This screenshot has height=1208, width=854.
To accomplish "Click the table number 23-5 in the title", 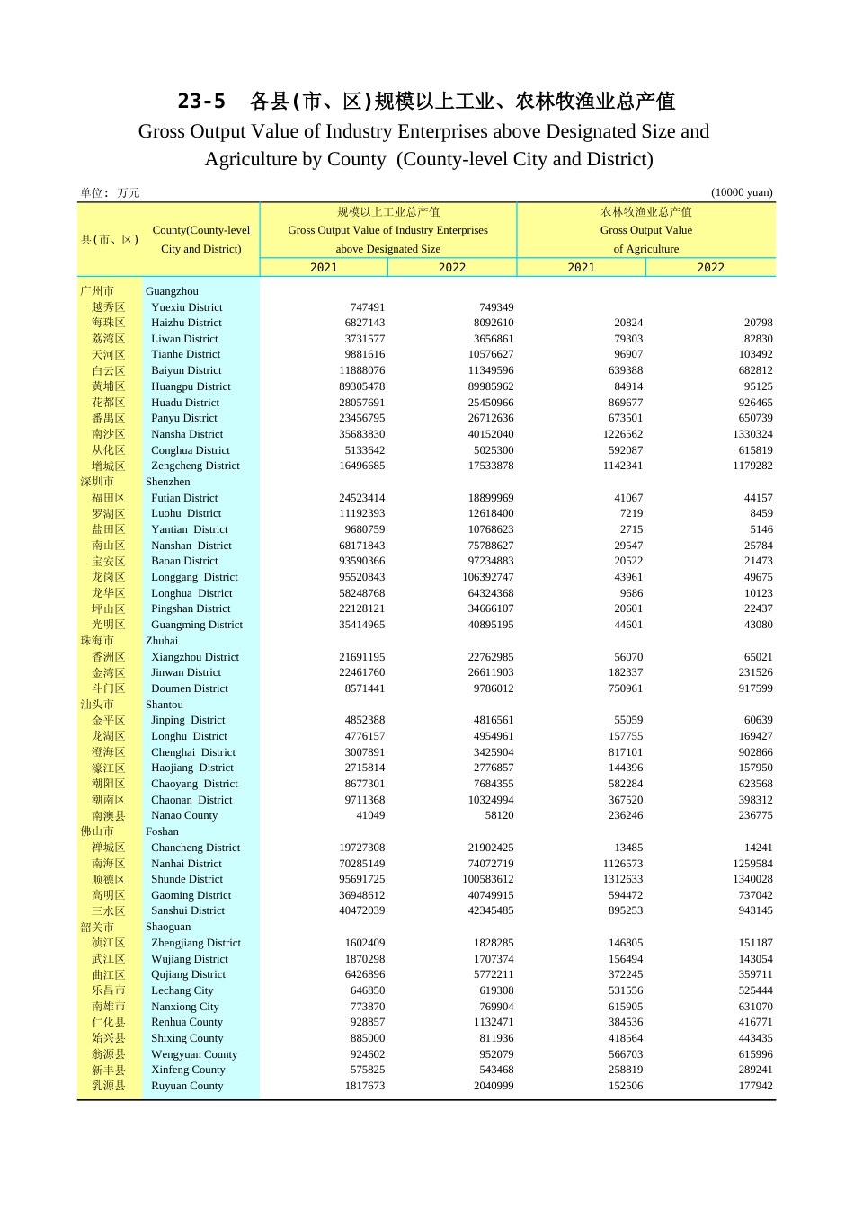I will pyautogui.click(x=201, y=101).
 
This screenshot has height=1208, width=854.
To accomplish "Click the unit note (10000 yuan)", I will pyautogui.click(x=741, y=192).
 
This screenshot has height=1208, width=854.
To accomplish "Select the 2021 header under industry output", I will pyautogui.click(x=324, y=268).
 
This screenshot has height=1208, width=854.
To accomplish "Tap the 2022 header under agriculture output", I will pyautogui.click(x=710, y=268).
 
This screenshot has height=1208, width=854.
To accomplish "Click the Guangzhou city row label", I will pyautogui.click(x=172, y=291).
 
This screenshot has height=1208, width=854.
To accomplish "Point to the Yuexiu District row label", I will pyautogui.click(x=186, y=307).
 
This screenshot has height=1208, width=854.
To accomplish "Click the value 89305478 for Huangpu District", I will pyautogui.click(x=361, y=386).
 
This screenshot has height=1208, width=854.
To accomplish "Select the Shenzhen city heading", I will pyautogui.click(x=167, y=482).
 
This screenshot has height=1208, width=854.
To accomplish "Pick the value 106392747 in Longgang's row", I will pyautogui.click(x=488, y=577).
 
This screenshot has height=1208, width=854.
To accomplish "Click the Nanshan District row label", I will pyautogui.click(x=191, y=546).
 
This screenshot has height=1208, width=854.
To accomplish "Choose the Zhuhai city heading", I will pyautogui.click(x=162, y=641).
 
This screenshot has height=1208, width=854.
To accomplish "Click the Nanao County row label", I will pyautogui.click(x=184, y=815).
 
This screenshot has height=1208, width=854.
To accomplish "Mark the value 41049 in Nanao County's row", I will pyautogui.click(x=370, y=815).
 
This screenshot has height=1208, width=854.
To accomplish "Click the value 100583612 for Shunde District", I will pyautogui.click(x=488, y=879).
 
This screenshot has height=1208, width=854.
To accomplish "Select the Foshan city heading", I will pyautogui.click(x=162, y=831).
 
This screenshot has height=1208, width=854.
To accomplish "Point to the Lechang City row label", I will pyautogui.click(x=182, y=990).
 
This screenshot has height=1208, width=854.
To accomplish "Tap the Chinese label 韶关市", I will pyautogui.click(x=97, y=927).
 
